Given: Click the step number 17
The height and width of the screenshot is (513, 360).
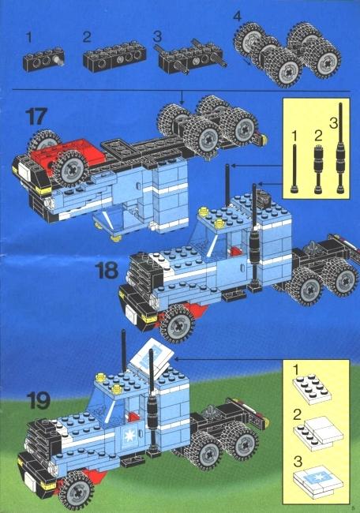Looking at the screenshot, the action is [x=36, y=117].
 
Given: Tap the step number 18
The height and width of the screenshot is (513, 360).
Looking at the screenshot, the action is [x=107, y=271].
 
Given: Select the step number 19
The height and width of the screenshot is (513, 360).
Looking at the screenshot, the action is [x=39, y=400].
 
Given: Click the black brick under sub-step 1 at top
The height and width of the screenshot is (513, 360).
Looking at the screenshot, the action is [x=43, y=59].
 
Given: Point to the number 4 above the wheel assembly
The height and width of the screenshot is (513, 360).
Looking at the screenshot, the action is [x=238, y=16].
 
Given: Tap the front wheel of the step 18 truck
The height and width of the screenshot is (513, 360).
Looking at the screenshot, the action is [x=178, y=324].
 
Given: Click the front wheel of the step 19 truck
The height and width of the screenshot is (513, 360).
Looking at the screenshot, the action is [x=77, y=490].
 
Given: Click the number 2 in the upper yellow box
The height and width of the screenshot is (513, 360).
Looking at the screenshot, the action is [x=318, y=136].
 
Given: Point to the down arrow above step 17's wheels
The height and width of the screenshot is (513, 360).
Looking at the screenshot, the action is [x=182, y=97].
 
